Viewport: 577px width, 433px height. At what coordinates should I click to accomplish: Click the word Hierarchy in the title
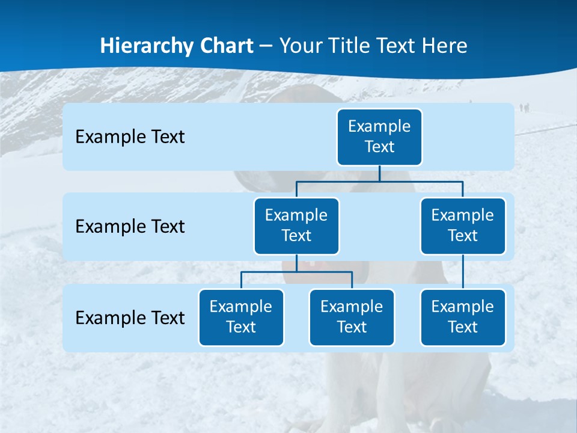(138, 46)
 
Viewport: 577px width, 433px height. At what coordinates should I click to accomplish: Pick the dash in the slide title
(266, 46)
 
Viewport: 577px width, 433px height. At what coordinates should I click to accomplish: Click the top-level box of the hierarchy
(379, 137)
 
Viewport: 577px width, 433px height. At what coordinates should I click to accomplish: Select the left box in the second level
(296, 226)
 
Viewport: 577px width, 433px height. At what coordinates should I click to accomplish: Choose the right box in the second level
(463, 226)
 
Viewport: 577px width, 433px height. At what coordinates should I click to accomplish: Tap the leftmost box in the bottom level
(241, 318)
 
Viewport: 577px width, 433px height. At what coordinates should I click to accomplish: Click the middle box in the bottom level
(352, 318)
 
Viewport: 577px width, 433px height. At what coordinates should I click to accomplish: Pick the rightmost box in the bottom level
(463, 318)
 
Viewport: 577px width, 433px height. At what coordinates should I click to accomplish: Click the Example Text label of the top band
(130, 137)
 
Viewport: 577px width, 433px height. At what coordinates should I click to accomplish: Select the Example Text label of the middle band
(130, 227)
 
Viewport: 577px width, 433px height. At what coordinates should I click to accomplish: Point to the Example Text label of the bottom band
(130, 318)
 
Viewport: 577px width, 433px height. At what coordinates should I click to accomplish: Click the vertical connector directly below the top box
(379, 173)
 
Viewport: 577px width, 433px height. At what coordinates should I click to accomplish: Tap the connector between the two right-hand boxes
(463, 272)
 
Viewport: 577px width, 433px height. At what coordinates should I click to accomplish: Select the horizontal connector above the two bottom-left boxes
(296, 272)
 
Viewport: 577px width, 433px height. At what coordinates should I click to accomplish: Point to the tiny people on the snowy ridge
(524, 108)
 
